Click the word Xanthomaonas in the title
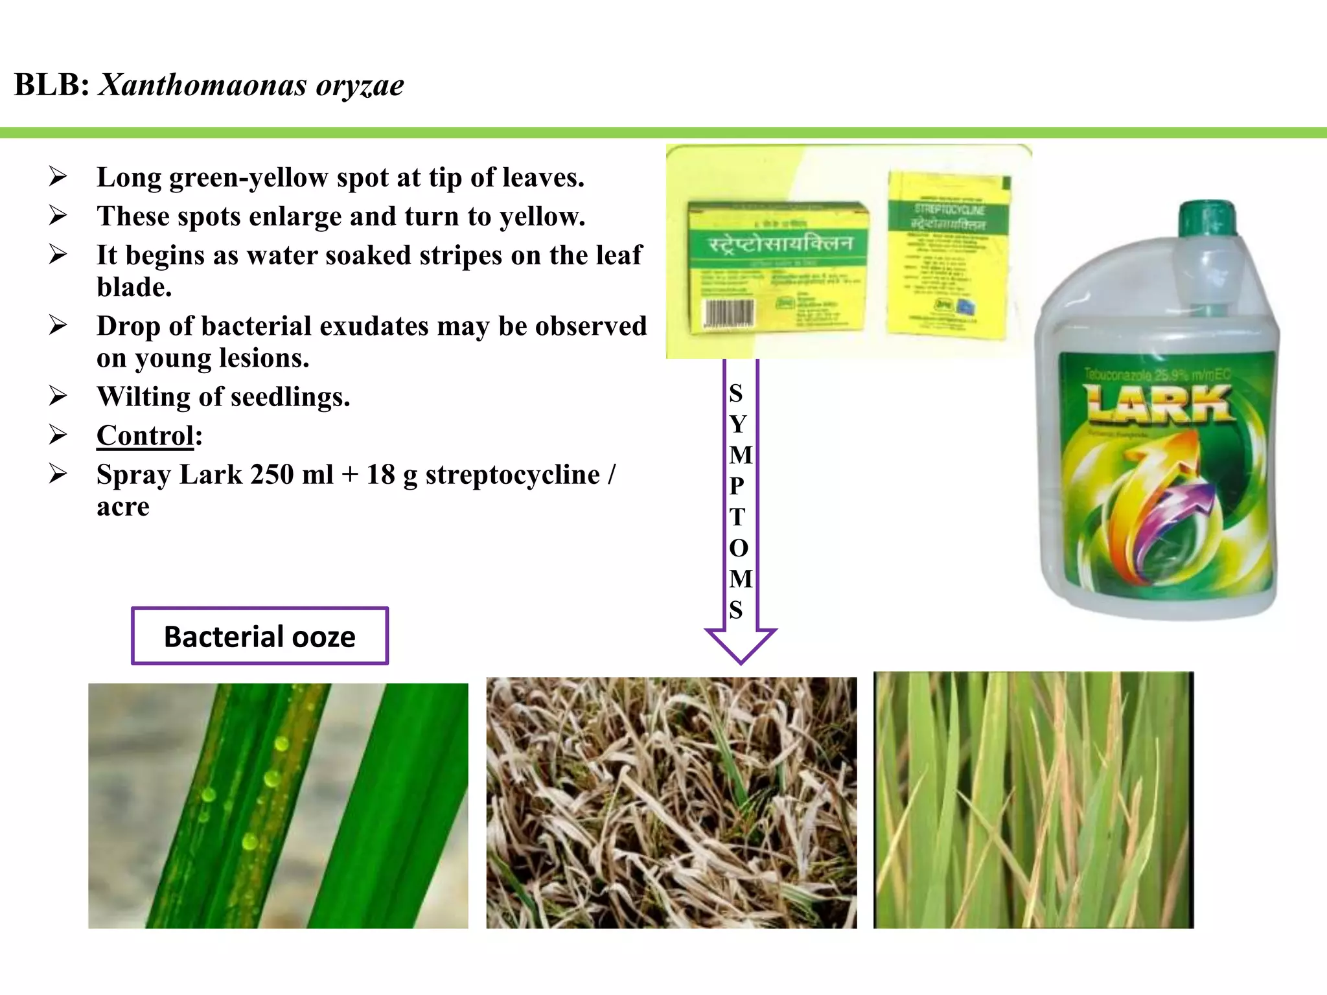click(202, 85)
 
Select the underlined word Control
click(145, 435)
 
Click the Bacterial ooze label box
click(260, 636)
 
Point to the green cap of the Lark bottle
click(1206, 218)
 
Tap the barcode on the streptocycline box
click(729, 314)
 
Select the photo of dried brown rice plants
click(671, 803)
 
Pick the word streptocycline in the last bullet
click(513, 475)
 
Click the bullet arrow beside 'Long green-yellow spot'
click(58, 177)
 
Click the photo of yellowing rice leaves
click(1033, 800)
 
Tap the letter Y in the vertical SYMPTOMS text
click(738, 424)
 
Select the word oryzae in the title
click(360, 85)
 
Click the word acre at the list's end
click(123, 507)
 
